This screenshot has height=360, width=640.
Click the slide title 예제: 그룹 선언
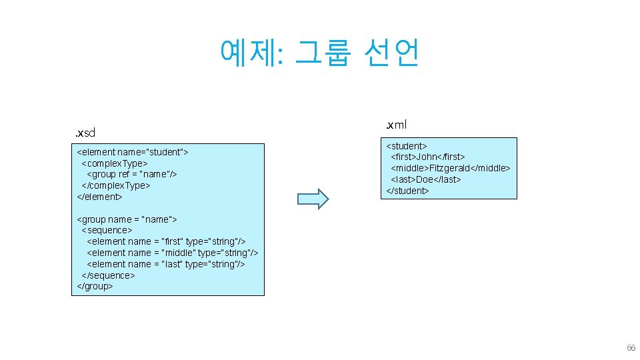tap(319, 53)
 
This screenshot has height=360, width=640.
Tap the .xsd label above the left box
tap(85, 133)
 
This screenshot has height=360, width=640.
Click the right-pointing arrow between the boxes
tap(313, 199)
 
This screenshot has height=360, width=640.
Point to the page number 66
tap(631, 349)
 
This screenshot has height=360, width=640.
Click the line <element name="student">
tap(133, 152)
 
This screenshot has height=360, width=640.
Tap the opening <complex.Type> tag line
tap(114, 163)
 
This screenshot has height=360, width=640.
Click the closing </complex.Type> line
tap(115, 185)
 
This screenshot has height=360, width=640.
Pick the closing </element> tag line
tap(100, 197)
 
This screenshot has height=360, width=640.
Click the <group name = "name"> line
tap(127, 219)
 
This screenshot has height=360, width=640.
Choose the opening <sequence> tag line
tap(107, 230)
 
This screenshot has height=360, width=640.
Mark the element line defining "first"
tap(166, 241)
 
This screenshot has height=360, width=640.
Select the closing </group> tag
tap(95, 286)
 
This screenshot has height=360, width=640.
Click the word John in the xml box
tap(429, 157)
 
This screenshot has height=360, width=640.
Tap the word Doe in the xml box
tap(425, 179)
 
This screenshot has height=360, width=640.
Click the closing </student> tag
tap(407, 191)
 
